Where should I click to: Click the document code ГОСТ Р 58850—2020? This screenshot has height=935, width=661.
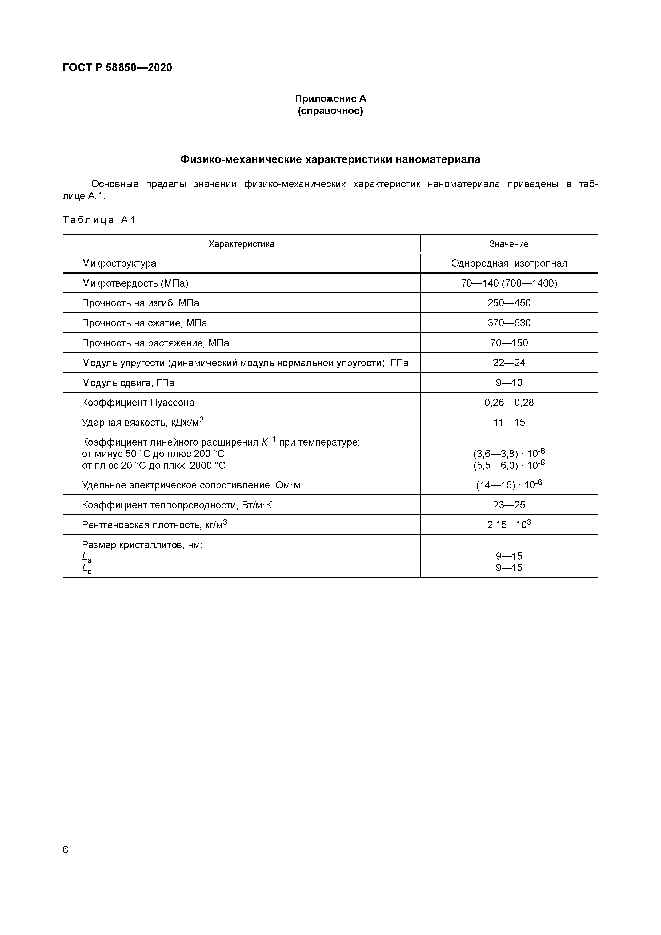click(117, 68)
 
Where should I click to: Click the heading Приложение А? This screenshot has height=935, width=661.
click(330, 99)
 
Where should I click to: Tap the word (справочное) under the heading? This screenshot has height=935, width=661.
click(330, 111)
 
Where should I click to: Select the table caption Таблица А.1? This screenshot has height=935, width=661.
click(99, 220)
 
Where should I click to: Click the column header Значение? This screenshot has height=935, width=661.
click(509, 244)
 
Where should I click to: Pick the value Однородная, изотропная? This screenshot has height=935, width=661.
click(509, 263)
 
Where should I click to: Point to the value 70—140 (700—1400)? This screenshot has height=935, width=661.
click(509, 283)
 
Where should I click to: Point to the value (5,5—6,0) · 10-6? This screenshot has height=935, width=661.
click(509, 465)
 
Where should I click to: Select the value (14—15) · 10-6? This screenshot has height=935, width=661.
click(509, 485)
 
